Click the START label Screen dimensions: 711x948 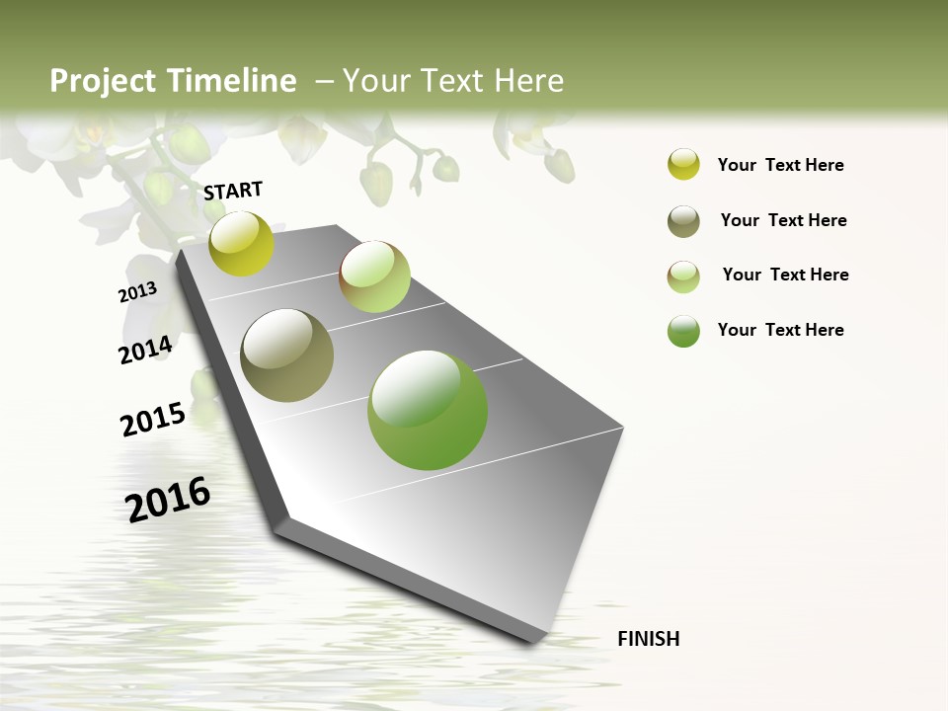pyautogui.click(x=233, y=191)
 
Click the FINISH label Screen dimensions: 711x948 pyautogui.click(x=649, y=639)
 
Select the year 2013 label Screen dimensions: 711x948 pyautogui.click(x=137, y=291)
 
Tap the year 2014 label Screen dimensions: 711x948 pyautogui.click(x=145, y=350)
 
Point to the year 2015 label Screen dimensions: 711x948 pyautogui.click(x=153, y=419)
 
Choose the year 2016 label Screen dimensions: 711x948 pyautogui.click(x=168, y=499)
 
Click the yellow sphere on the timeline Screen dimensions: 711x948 pyautogui.click(x=242, y=244)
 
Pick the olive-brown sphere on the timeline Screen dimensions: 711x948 pyautogui.click(x=286, y=355)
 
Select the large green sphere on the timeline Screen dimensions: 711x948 pyautogui.click(x=428, y=410)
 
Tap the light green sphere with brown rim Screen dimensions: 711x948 pyautogui.click(x=374, y=276)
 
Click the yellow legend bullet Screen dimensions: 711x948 pyautogui.click(x=683, y=165)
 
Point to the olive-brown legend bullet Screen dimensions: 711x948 pyautogui.click(x=683, y=221)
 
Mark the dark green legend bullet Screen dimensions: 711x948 pyautogui.click(x=683, y=331)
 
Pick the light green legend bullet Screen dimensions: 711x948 pyautogui.click(x=683, y=276)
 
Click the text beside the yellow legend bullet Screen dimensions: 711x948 pyautogui.click(x=780, y=165)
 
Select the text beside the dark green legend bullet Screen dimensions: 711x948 pyautogui.click(x=780, y=330)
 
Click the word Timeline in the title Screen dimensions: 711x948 pyautogui.click(x=232, y=81)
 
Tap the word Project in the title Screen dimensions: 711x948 pyautogui.click(x=102, y=81)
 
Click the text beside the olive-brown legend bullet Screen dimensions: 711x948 pyautogui.click(x=783, y=220)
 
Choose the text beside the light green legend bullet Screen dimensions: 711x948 pyautogui.click(x=785, y=275)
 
